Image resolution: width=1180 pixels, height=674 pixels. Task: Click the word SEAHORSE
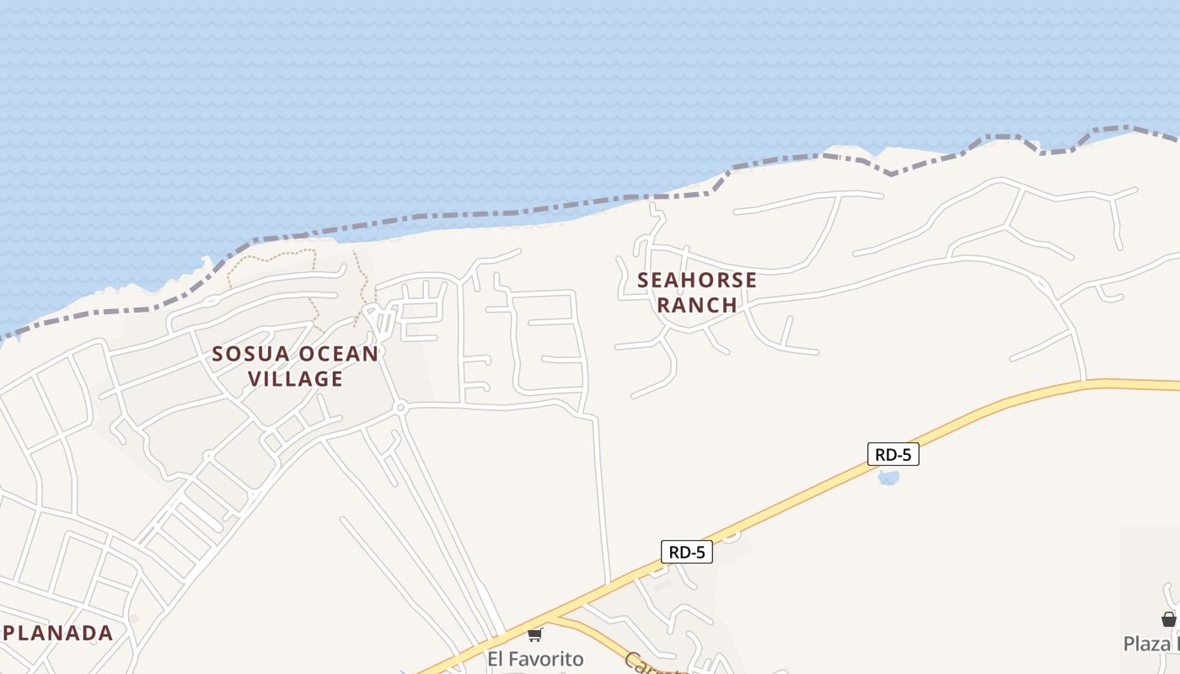pos(697,281)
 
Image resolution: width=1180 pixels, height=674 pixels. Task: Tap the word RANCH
pos(697,305)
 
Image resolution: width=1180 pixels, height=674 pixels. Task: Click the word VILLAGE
pos(296,379)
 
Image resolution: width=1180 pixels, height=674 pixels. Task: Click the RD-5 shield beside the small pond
pos(893,455)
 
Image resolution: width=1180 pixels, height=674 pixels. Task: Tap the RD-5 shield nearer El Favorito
pos(686,553)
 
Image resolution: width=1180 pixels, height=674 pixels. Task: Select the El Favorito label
pos(535,658)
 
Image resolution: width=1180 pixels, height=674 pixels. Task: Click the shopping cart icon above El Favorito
pos(535,634)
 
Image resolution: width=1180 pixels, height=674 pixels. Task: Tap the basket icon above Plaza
pos(1168,619)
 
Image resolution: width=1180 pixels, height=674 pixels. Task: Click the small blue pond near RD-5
pos(888,479)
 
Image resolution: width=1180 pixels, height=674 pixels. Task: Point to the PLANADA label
pos(57,633)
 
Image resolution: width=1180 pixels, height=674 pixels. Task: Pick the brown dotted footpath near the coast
pos(270,253)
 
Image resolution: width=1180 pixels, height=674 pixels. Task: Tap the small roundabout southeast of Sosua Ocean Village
pos(401,408)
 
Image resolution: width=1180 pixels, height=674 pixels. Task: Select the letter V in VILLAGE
pos(255,379)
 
